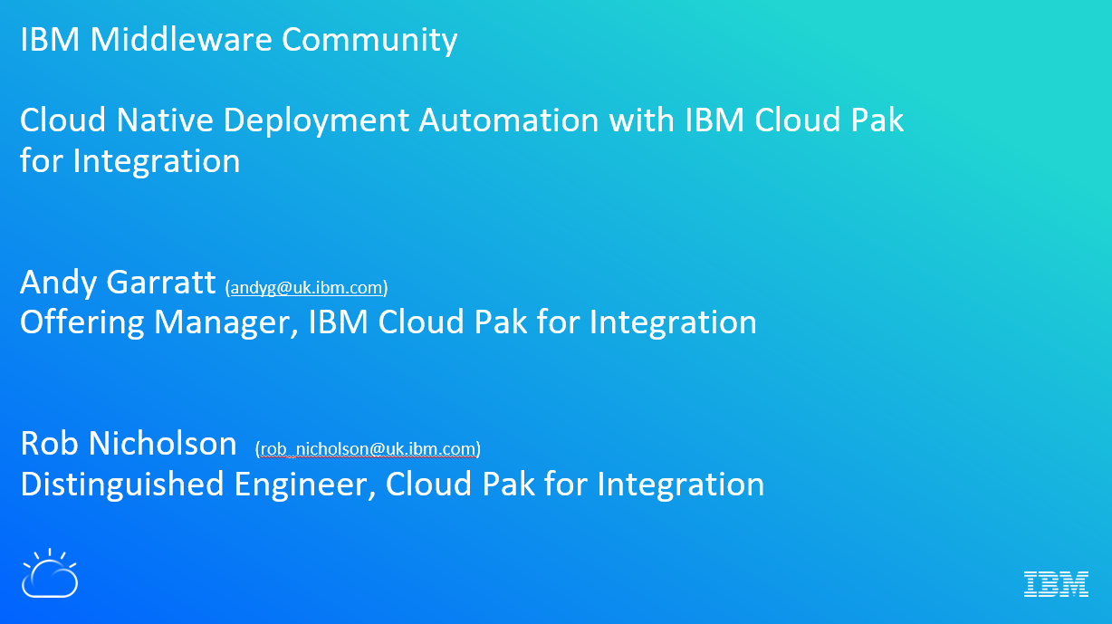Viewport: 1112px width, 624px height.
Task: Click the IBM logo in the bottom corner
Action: click(1056, 584)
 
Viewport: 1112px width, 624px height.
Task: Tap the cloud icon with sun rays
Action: click(50, 573)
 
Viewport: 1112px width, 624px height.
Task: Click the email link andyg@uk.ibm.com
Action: click(306, 287)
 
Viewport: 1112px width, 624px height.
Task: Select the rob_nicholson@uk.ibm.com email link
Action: click(368, 449)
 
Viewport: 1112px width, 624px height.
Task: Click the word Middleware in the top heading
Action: click(181, 39)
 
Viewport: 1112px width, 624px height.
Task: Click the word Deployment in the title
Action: click(316, 121)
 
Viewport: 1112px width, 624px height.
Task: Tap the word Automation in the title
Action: click(509, 120)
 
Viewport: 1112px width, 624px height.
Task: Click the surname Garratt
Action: click(161, 282)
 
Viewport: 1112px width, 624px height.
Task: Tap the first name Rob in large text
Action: click(49, 443)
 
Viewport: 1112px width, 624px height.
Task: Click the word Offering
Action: click(81, 323)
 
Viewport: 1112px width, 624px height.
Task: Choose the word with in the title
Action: click(641, 120)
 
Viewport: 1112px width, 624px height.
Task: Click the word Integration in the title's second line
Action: click(157, 162)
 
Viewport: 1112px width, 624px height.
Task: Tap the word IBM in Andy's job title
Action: click(338, 322)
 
